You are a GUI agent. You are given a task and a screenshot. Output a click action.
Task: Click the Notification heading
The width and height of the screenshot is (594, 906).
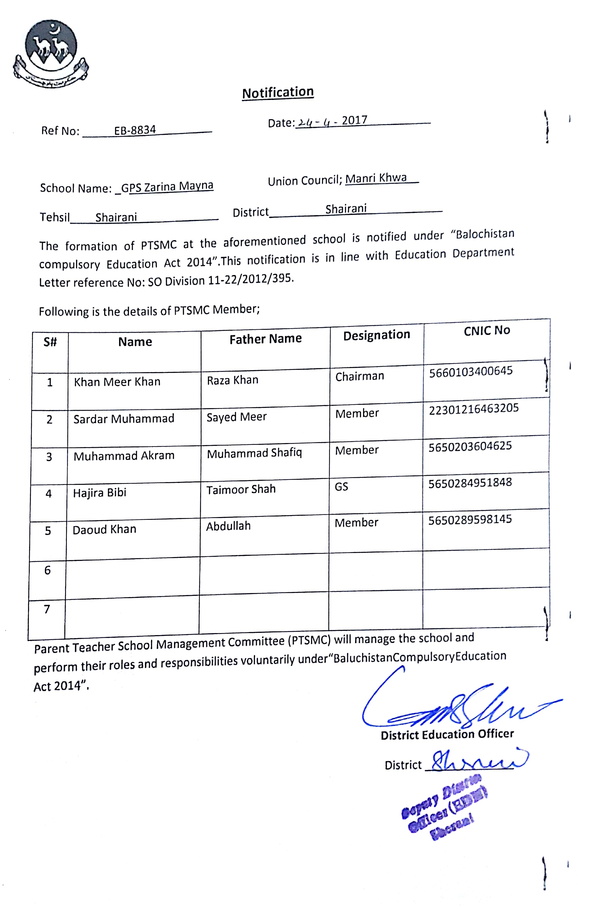click(278, 93)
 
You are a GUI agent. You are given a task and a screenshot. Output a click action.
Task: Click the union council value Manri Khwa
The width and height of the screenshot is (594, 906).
click(376, 178)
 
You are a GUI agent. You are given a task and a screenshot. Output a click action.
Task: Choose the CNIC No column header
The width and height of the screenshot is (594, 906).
click(487, 330)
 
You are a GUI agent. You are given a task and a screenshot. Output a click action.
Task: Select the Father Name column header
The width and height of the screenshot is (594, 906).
click(265, 339)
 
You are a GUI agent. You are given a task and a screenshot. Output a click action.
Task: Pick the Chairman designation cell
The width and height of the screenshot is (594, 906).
click(360, 376)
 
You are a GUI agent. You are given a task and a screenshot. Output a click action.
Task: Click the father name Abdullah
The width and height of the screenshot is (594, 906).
click(228, 526)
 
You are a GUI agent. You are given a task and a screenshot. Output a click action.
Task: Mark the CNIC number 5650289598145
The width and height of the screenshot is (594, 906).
click(470, 520)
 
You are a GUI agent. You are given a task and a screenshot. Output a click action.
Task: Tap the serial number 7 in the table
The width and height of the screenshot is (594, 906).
click(47, 609)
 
